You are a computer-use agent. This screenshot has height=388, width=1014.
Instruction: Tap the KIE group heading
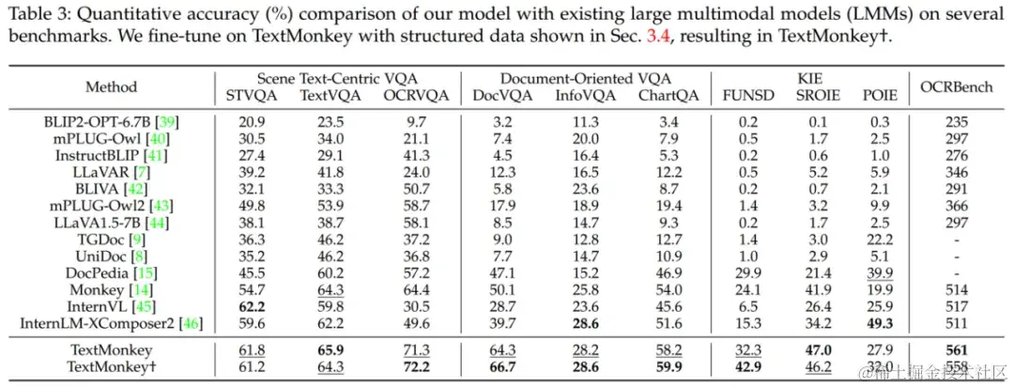tap(810, 79)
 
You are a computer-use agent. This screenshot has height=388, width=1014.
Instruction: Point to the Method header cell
tap(111, 86)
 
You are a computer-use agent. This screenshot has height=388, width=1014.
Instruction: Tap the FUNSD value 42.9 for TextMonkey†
tap(743, 367)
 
